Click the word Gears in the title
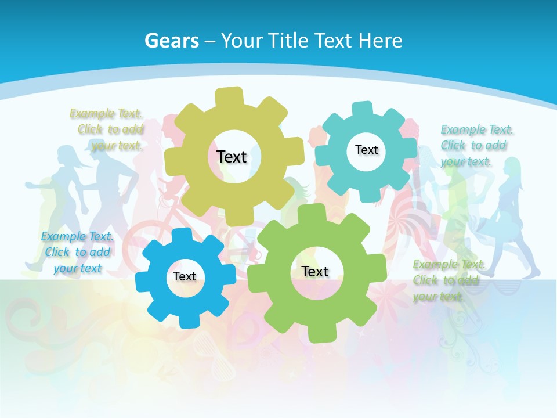click(x=171, y=41)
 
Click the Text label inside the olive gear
click(x=232, y=157)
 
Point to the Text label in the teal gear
click(x=366, y=150)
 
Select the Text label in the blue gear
click(x=185, y=276)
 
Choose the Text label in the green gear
click(x=315, y=271)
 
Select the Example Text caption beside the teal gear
click(x=476, y=145)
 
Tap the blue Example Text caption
click(x=77, y=252)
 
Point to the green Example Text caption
click(x=448, y=280)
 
